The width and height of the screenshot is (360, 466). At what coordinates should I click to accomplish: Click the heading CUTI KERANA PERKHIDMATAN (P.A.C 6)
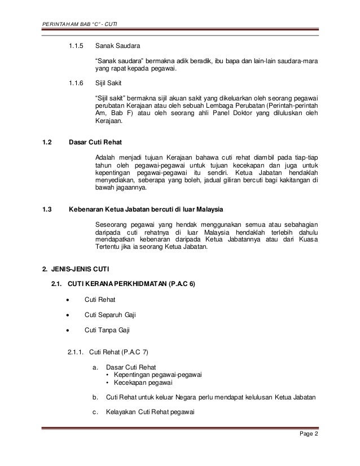131,283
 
